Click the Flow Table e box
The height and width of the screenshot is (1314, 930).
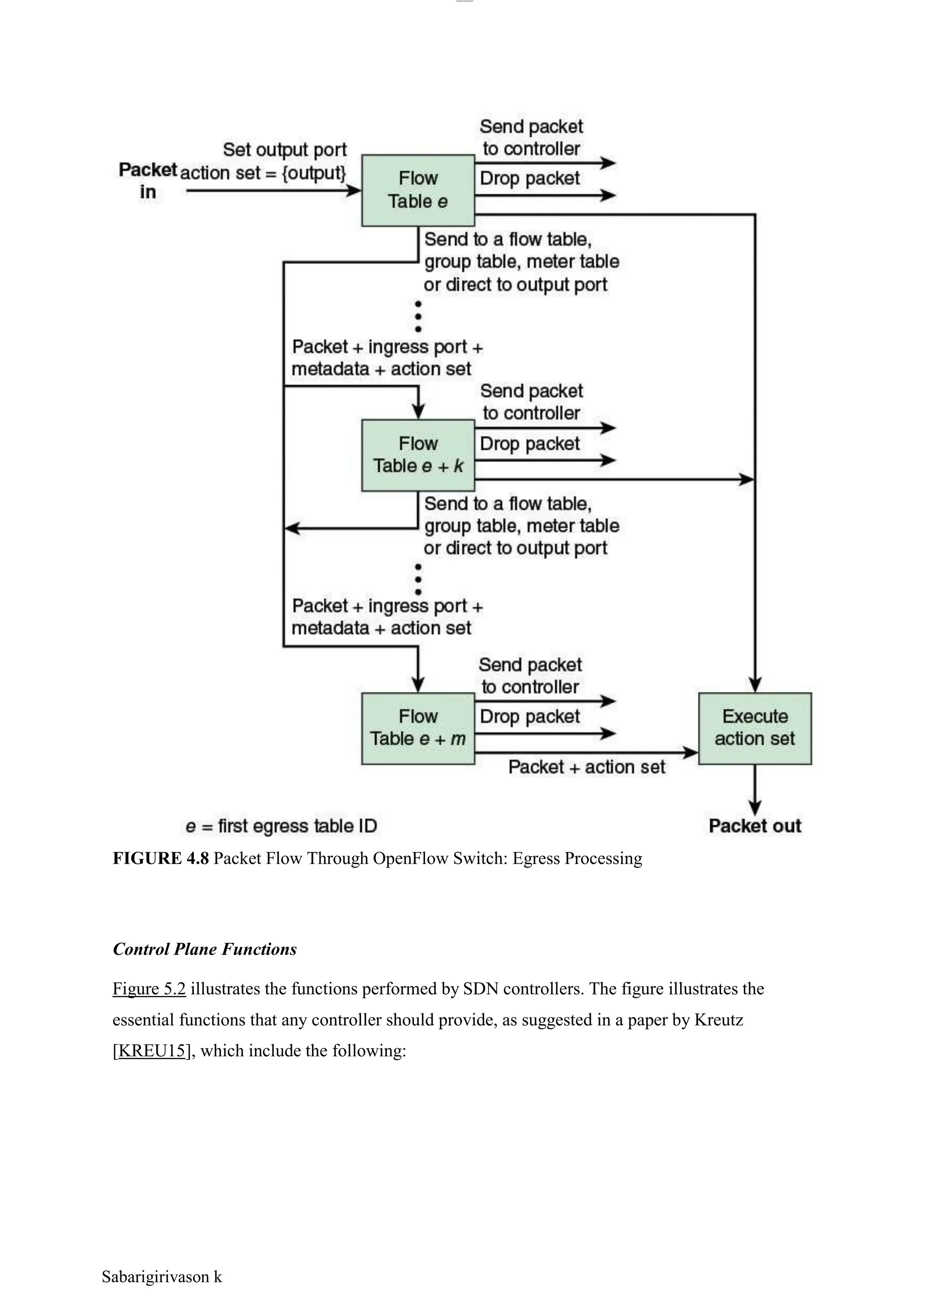coord(418,190)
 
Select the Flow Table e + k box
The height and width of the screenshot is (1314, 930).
coord(418,455)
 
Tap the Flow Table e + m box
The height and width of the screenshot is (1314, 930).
coord(418,728)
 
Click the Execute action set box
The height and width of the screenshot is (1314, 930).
coord(755,728)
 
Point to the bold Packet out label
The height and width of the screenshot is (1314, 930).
coord(755,826)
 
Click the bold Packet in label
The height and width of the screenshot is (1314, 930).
coord(147,180)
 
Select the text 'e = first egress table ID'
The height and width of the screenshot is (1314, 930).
coord(281,826)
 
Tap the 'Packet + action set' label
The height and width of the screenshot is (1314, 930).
coord(586,767)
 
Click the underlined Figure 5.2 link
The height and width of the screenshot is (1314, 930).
coord(149,988)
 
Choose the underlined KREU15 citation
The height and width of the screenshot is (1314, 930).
coord(152,1050)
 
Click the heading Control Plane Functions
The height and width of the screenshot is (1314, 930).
coord(204,949)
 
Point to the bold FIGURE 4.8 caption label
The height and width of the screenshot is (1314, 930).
coord(160,858)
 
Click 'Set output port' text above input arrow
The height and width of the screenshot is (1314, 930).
coord(285,149)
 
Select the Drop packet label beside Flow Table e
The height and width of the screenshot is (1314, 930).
coord(530,178)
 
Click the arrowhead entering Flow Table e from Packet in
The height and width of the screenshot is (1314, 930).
coord(353,191)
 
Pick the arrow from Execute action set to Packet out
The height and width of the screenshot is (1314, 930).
coord(755,790)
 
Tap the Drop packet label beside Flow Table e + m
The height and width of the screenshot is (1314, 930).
coord(530,716)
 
